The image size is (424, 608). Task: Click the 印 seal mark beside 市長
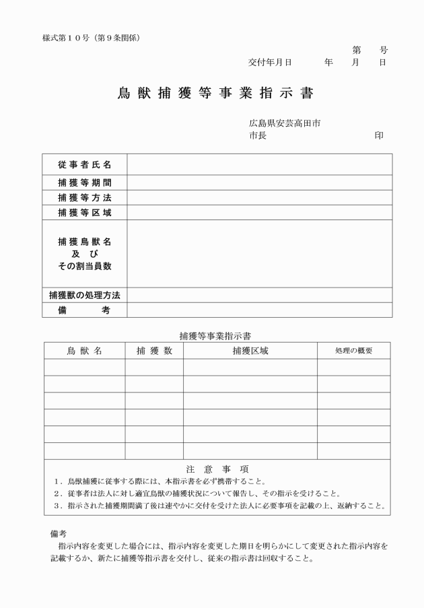[380, 135]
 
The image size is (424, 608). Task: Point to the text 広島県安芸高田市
[284, 123]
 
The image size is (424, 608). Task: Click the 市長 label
[257, 135]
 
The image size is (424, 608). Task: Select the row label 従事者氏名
[85, 164]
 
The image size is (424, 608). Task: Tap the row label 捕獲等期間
[85, 182]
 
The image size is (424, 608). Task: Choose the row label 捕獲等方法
[85, 198]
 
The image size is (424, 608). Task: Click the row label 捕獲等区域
[85, 213]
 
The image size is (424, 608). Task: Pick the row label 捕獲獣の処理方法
[85, 295]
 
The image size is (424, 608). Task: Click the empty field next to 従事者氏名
[259, 164]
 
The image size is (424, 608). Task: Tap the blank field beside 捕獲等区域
[259, 213]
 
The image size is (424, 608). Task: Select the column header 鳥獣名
[84, 351]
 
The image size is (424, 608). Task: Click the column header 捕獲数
[154, 351]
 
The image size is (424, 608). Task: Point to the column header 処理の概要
[353, 351]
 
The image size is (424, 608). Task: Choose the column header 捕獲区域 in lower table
[250, 351]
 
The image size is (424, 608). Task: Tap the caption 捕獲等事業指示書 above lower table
[215, 335]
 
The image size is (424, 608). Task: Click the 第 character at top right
[357, 50]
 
